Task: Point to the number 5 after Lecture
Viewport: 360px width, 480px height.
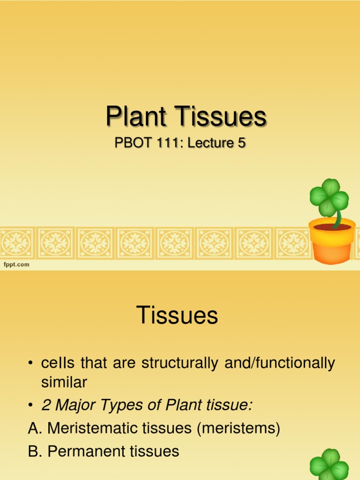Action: pos(241,143)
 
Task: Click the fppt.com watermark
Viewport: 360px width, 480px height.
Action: pos(17,264)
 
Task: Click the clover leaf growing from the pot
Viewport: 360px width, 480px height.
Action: pos(330,197)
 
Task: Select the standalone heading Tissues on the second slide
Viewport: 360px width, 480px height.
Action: pos(178,315)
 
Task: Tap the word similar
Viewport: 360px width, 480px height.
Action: pos(64,382)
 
